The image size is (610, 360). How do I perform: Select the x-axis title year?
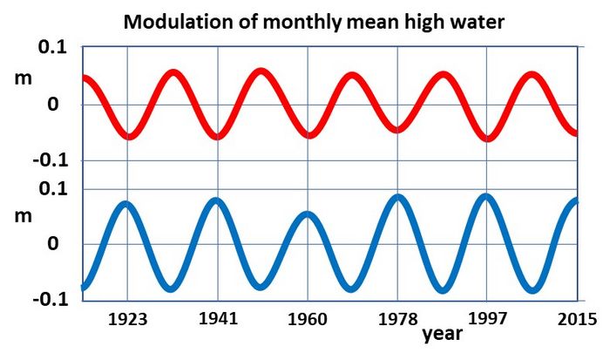tap(443, 334)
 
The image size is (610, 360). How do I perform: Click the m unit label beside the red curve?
tap(22, 78)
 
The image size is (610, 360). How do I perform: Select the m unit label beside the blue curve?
tap(22, 214)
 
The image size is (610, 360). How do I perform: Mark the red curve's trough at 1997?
tap(489, 138)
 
